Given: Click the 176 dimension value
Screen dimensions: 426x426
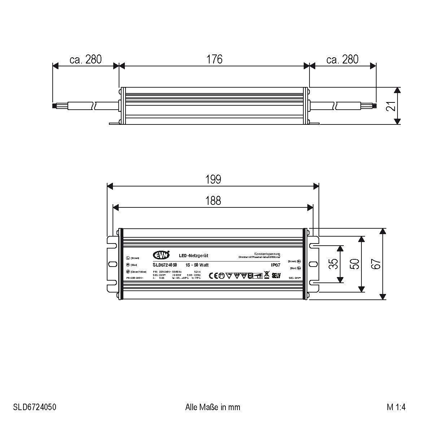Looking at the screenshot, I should click(214, 59).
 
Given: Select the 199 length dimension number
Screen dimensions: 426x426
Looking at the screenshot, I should click(213, 179).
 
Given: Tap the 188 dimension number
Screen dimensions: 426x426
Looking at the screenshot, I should click(213, 201).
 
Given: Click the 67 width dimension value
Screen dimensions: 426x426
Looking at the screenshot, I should click(376, 264).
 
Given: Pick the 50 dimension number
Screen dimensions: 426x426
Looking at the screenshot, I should click(355, 264).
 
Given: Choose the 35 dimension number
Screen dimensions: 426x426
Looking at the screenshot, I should click(334, 264).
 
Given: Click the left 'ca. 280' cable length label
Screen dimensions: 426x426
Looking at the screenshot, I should click(85, 59).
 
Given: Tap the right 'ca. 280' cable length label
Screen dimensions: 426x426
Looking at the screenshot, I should click(342, 59).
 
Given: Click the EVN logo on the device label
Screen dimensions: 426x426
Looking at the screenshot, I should click(160, 255).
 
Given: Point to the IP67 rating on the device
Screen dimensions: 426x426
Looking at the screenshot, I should click(276, 265).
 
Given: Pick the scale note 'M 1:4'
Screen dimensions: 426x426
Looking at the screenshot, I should click(396, 407).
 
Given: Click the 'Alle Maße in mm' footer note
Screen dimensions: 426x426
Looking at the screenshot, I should click(212, 407).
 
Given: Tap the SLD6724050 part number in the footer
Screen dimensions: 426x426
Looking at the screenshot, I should click(35, 407).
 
